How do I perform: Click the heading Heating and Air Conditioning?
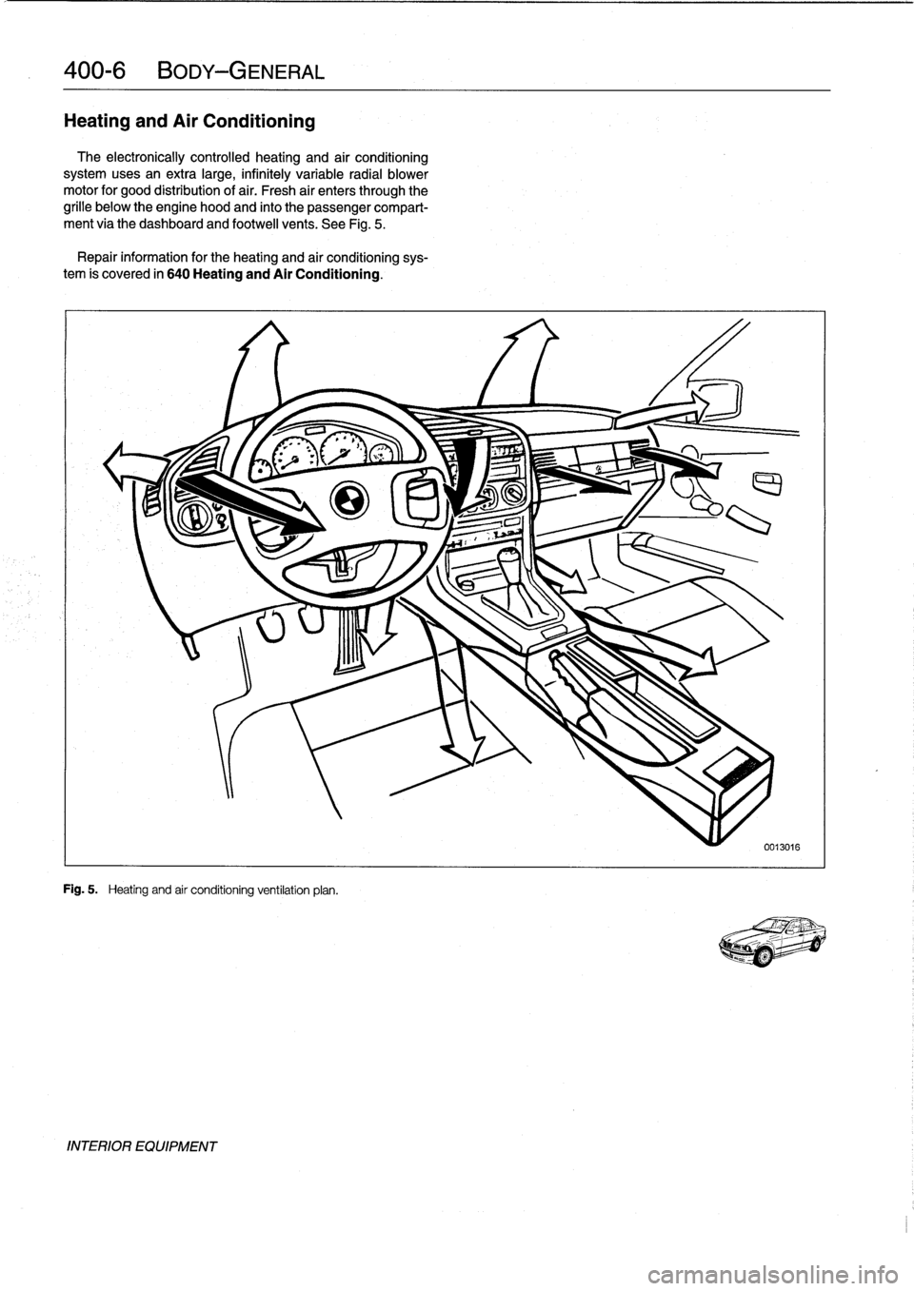point(189,121)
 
